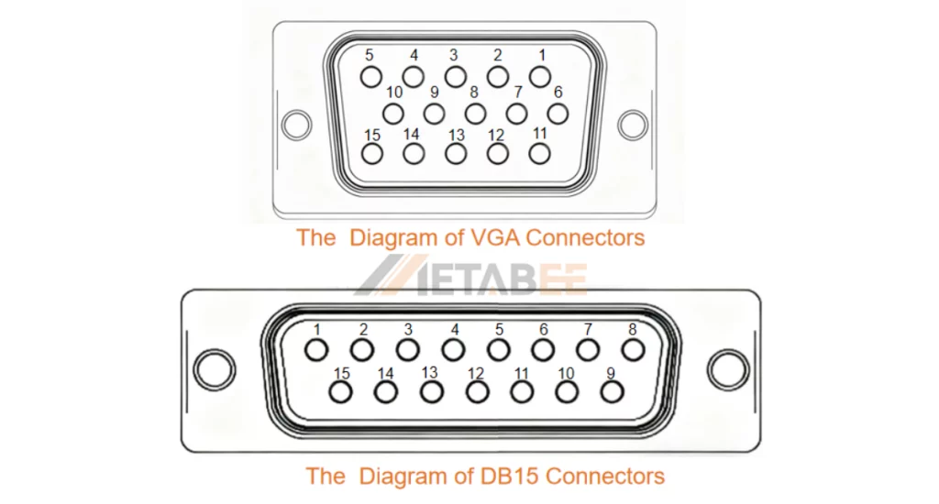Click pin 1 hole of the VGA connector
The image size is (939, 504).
(540, 76)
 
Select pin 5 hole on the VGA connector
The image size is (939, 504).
(371, 76)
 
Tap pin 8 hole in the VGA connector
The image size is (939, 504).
(475, 114)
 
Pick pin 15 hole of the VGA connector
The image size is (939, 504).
(371, 153)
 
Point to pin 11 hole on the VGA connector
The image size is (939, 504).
(540, 153)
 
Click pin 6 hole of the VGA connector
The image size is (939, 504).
(558, 114)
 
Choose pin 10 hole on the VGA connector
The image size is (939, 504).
(393, 114)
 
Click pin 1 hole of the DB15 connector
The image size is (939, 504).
(316, 349)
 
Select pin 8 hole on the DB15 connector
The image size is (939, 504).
(632, 349)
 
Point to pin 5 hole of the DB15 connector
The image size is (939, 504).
(498, 349)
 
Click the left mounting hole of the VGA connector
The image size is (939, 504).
(296, 125)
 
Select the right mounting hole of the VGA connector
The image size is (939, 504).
(633, 125)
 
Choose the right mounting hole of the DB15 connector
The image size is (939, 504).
(727, 368)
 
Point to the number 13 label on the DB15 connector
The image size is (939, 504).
(429, 372)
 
